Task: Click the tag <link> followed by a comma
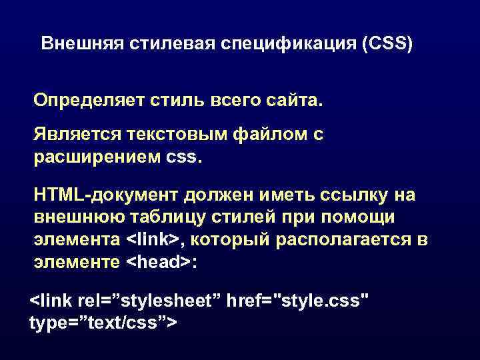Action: point(155,239)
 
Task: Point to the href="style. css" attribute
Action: point(298,300)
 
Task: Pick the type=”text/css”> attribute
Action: point(103,323)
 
